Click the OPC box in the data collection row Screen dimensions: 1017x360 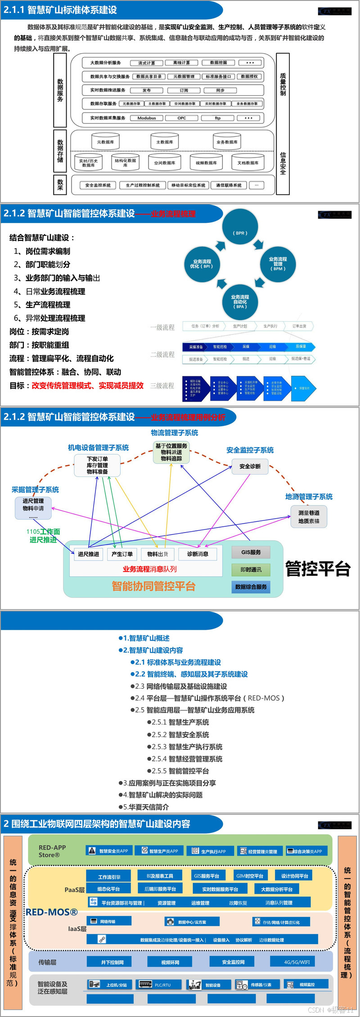181,118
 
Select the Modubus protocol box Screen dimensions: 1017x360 147,118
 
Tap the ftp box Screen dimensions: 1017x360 217,118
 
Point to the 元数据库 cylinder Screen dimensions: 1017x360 105,142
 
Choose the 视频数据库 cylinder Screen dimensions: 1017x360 206,163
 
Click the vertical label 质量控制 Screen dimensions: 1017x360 283,84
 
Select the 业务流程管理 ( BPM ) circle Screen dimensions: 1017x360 278,263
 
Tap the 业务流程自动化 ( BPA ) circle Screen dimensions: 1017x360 240,301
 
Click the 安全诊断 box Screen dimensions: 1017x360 250,466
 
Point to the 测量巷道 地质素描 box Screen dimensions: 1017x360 309,516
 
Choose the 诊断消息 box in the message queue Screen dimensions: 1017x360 198,554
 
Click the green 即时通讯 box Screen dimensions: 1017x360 251,570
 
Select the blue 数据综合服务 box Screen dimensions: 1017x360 251,587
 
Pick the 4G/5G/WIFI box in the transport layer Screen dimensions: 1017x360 297,962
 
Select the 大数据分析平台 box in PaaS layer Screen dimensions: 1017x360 277,889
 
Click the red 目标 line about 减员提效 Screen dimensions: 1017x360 76,385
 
